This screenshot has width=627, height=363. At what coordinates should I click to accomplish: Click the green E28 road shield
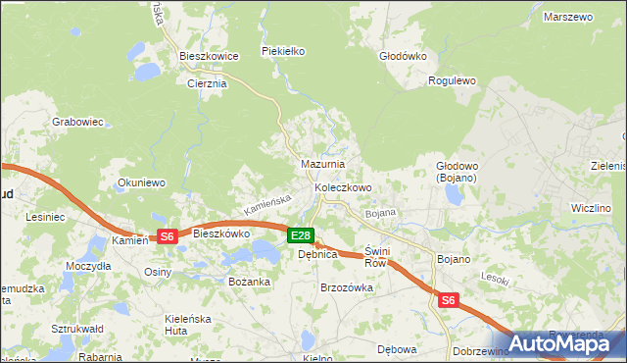pos(301,235)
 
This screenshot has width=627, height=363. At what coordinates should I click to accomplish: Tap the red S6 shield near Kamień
pos(167,236)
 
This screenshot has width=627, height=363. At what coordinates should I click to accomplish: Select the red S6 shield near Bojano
pos(449,300)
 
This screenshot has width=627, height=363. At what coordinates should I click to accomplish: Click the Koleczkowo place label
pos(343,187)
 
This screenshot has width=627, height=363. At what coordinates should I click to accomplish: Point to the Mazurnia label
pos(322,164)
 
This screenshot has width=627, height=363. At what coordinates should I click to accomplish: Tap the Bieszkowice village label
pos(210,57)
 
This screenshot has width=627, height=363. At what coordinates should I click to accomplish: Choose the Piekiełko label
pos(284,50)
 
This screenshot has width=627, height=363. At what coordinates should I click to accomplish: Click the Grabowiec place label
pos(78,122)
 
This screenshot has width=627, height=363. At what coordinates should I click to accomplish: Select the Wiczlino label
pos(592,208)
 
